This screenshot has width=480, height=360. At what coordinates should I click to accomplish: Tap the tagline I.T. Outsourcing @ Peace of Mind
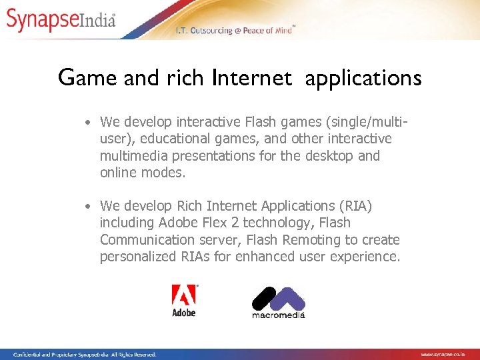pyautogui.click(x=235, y=31)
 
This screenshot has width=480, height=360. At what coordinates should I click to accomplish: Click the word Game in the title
pyautogui.click(x=79, y=79)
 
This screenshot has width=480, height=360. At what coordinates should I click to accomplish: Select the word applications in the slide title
pyautogui.click(x=363, y=79)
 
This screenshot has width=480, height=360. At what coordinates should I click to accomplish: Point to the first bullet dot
pyautogui.click(x=87, y=122)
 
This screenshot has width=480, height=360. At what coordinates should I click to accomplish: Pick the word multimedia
pyautogui.click(x=133, y=156)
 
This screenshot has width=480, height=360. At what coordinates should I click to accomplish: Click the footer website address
pyautogui.click(x=447, y=354)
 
